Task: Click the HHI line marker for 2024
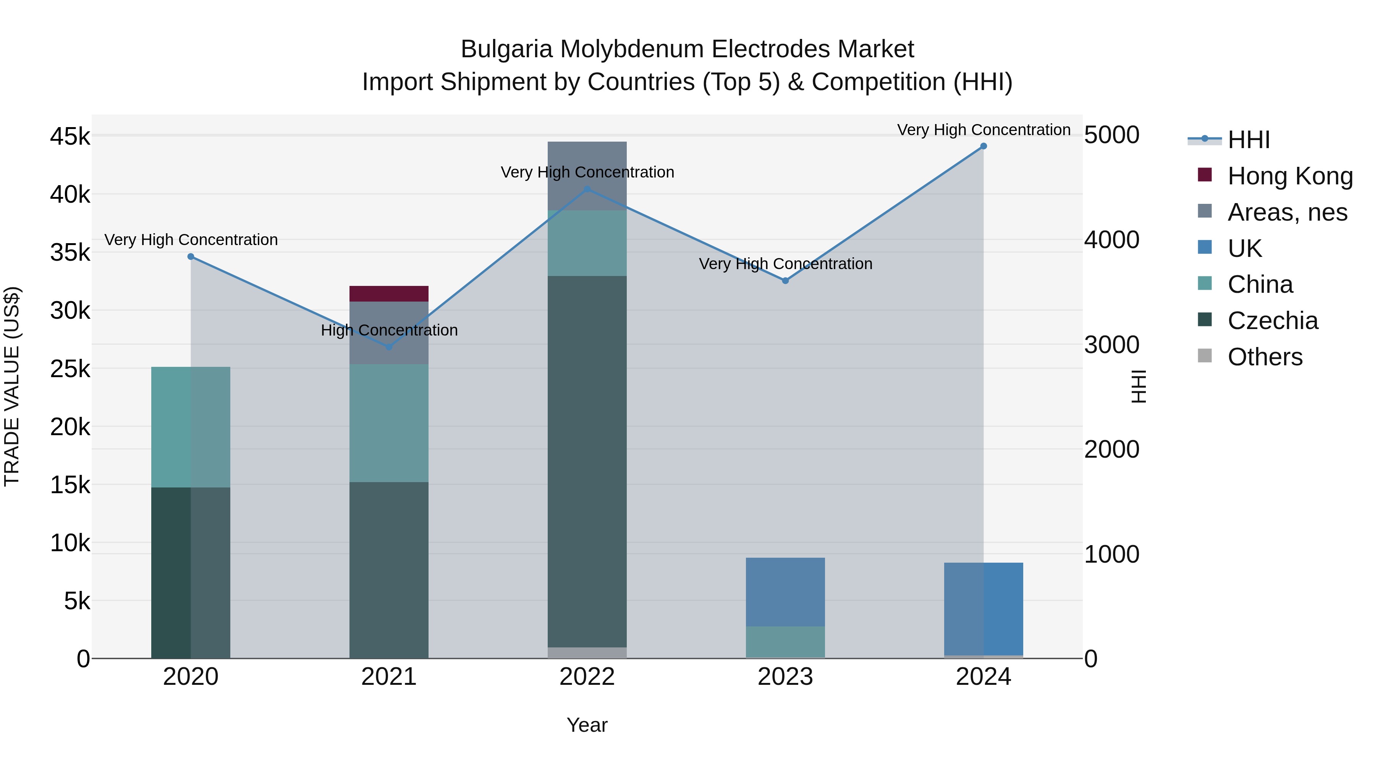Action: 983,146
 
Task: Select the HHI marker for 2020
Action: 191,257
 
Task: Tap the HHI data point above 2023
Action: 785,281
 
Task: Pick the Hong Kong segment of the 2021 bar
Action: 388,294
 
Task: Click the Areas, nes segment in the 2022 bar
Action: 587,176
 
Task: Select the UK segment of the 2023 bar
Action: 785,592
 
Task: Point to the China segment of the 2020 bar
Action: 191,427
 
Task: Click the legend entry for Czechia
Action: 1273,321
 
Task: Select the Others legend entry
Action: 1265,357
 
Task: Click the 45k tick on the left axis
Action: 70,137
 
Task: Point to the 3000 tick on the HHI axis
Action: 1111,345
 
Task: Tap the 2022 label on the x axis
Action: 587,677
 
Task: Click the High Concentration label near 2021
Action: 389,330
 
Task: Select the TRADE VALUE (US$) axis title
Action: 12,386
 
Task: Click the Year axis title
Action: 587,725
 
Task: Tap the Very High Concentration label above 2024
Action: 983,130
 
